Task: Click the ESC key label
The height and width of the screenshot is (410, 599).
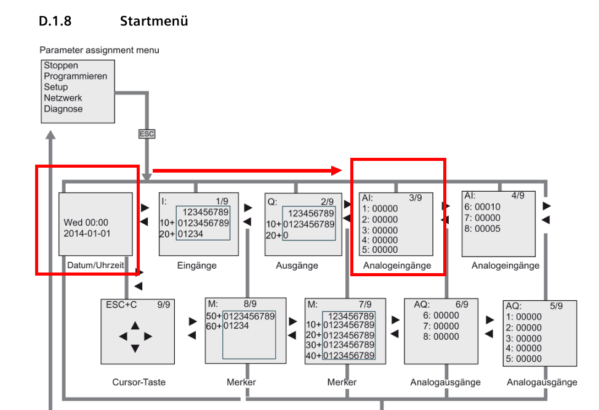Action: click(x=147, y=133)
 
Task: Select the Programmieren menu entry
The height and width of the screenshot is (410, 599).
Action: click(x=75, y=76)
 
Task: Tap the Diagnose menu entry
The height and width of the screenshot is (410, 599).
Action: click(x=63, y=109)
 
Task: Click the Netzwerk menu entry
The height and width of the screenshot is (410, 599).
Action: click(x=63, y=98)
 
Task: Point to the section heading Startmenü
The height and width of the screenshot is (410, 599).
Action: click(x=154, y=22)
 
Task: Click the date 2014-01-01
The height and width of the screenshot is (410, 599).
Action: click(x=87, y=234)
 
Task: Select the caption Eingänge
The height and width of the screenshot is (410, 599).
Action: click(x=197, y=266)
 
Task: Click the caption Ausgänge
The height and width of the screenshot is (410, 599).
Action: click(x=297, y=266)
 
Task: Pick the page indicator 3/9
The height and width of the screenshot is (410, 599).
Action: click(x=416, y=199)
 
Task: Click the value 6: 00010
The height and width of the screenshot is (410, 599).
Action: click(x=483, y=208)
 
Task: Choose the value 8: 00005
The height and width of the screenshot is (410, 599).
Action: click(x=483, y=229)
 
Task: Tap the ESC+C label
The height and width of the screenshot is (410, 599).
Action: click(x=121, y=304)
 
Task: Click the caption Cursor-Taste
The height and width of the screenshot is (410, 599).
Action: click(x=139, y=382)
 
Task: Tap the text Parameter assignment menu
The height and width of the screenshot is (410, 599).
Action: click(x=99, y=50)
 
